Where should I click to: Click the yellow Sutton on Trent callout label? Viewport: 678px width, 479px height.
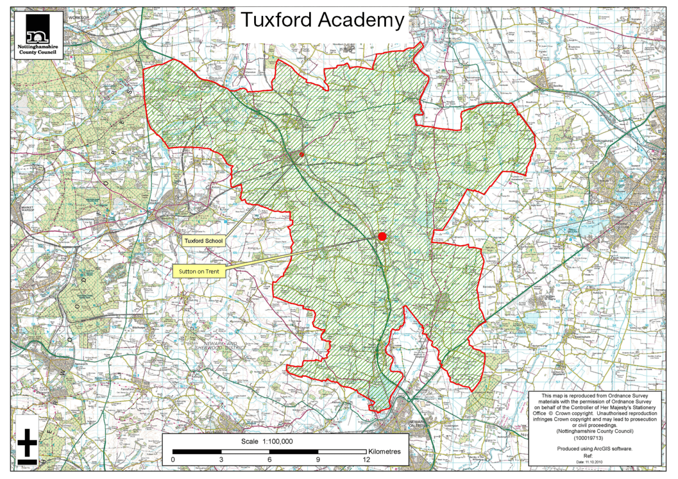tap(199, 272)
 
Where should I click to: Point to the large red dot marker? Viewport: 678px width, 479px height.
tap(383, 236)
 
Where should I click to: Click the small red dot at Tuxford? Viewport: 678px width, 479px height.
tap(301, 154)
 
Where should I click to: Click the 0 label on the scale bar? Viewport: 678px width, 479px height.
tap(173, 460)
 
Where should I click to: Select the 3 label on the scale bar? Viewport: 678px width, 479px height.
tap(221, 460)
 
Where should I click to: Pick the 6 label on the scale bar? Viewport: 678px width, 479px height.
tap(270, 460)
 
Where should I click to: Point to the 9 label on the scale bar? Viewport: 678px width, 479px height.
tap(319, 460)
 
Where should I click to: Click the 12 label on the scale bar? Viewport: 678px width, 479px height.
tap(366, 460)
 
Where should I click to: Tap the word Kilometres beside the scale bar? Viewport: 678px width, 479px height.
tap(384, 452)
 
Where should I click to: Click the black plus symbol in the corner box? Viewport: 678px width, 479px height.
tap(26, 440)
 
